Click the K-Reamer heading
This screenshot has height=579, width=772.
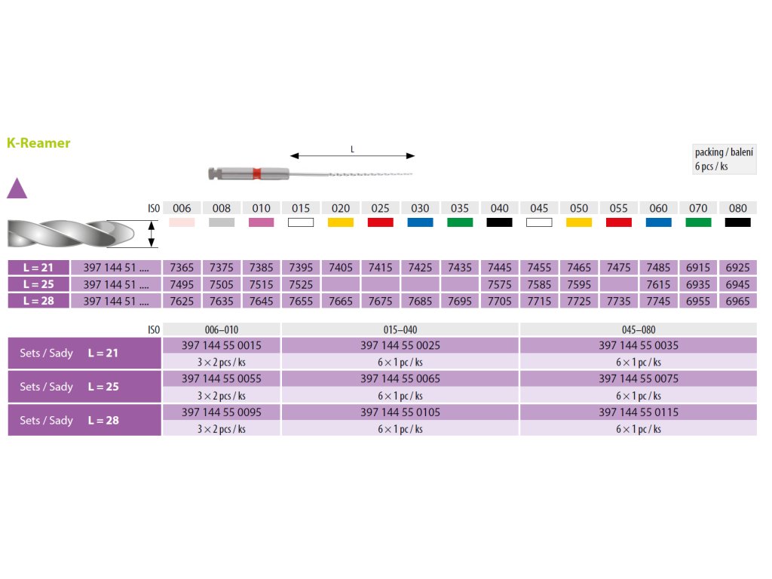pyautogui.click(x=38, y=142)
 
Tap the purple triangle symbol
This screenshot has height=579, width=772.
pyautogui.click(x=17, y=188)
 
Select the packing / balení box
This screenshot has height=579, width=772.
pyautogui.click(x=724, y=159)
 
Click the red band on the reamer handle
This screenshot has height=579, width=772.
pyautogui.click(x=257, y=173)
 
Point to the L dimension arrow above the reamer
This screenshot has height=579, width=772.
pyautogui.click(x=352, y=155)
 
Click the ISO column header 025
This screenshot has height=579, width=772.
pyautogui.click(x=381, y=208)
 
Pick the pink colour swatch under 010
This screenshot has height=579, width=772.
pyautogui.click(x=262, y=222)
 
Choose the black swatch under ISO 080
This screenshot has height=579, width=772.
pyautogui.click(x=737, y=222)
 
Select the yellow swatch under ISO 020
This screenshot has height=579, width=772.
pyautogui.click(x=341, y=222)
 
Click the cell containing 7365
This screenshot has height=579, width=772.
pyautogui.click(x=182, y=268)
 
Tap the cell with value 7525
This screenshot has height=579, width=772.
pyautogui.click(x=301, y=284)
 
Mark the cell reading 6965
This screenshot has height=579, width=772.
pyautogui.click(x=737, y=301)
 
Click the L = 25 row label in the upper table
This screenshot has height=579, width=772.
pyautogui.click(x=38, y=284)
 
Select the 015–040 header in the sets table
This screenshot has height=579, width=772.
pyautogui.click(x=400, y=329)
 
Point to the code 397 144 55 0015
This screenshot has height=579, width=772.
pyautogui.click(x=222, y=345)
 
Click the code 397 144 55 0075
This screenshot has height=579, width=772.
pyautogui.click(x=639, y=378)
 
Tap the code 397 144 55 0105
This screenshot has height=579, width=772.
pyautogui.click(x=400, y=412)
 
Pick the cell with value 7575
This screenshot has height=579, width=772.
pyautogui.click(x=499, y=284)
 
